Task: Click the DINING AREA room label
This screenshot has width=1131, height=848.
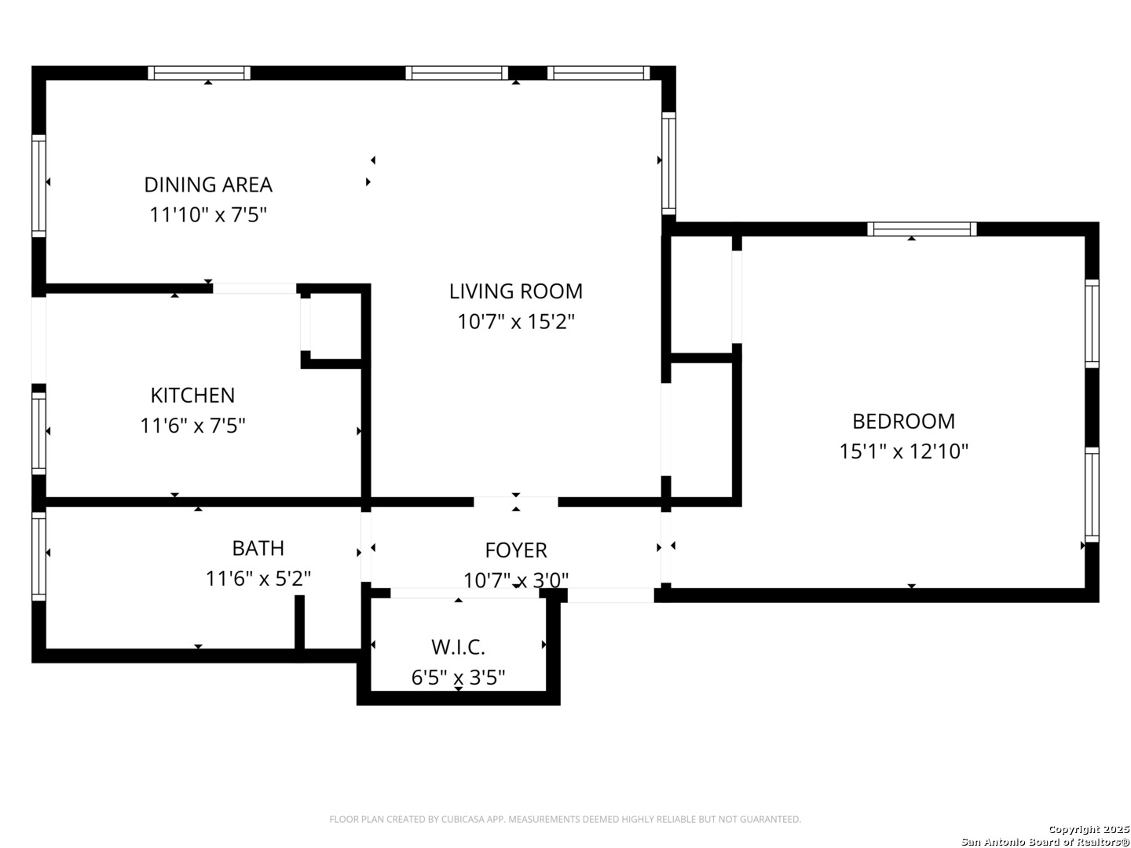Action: [207, 185]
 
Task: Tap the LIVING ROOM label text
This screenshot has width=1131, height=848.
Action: [516, 291]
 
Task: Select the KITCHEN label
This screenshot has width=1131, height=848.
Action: [192, 395]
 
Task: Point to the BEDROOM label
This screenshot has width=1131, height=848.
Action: [904, 421]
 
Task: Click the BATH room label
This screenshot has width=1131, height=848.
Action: [258, 548]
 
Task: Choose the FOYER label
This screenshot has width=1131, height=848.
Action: [516, 550]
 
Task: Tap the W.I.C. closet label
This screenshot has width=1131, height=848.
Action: [458, 647]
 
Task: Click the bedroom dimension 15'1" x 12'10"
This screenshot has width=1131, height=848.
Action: [904, 451]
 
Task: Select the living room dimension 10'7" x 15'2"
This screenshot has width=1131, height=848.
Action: [516, 321]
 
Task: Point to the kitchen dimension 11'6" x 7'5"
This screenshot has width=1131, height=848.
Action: [192, 426]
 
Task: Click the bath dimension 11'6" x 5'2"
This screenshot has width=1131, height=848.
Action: [258, 578]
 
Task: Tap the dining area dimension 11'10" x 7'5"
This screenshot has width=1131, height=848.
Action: [207, 214]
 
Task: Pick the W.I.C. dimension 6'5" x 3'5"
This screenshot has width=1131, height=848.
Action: [458, 677]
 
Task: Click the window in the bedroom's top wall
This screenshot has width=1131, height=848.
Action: [922, 229]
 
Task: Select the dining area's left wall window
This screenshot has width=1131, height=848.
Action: [38, 186]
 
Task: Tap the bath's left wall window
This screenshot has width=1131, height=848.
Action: [38, 556]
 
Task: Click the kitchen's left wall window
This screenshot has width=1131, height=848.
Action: [38, 433]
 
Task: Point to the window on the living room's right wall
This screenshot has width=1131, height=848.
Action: [668, 163]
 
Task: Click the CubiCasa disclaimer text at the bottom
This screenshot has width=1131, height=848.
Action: [565, 819]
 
